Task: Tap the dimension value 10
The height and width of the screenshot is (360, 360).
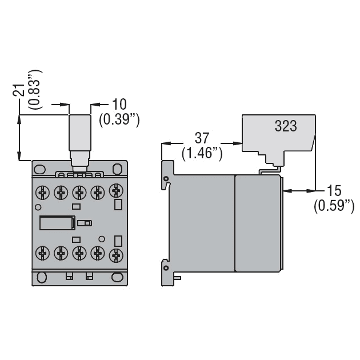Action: click(x=119, y=105)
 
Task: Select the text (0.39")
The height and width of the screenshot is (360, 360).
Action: click(x=119, y=120)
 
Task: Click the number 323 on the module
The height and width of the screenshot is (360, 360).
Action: click(x=286, y=126)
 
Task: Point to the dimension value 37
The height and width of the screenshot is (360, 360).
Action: click(x=202, y=138)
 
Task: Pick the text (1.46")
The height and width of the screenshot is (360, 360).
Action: click(x=202, y=153)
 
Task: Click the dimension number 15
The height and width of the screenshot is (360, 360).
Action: click(x=334, y=190)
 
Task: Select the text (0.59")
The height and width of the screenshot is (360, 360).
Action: click(x=334, y=206)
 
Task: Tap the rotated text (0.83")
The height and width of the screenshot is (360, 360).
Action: click(x=35, y=89)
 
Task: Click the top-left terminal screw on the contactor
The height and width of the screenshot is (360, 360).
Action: click(x=43, y=193)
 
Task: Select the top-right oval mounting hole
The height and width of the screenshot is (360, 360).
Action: click(x=118, y=169)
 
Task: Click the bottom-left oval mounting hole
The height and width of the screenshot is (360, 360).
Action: click(x=42, y=277)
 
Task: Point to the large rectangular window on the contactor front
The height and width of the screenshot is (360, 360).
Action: click(x=57, y=223)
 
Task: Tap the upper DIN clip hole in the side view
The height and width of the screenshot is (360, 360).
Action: click(x=166, y=179)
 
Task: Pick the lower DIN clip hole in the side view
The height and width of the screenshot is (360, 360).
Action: click(x=166, y=268)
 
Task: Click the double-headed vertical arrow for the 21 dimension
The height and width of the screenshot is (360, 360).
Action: click(x=19, y=137)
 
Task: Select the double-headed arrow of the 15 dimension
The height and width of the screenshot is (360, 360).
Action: click(x=299, y=190)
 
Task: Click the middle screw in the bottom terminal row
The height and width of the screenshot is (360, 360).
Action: click(x=79, y=253)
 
